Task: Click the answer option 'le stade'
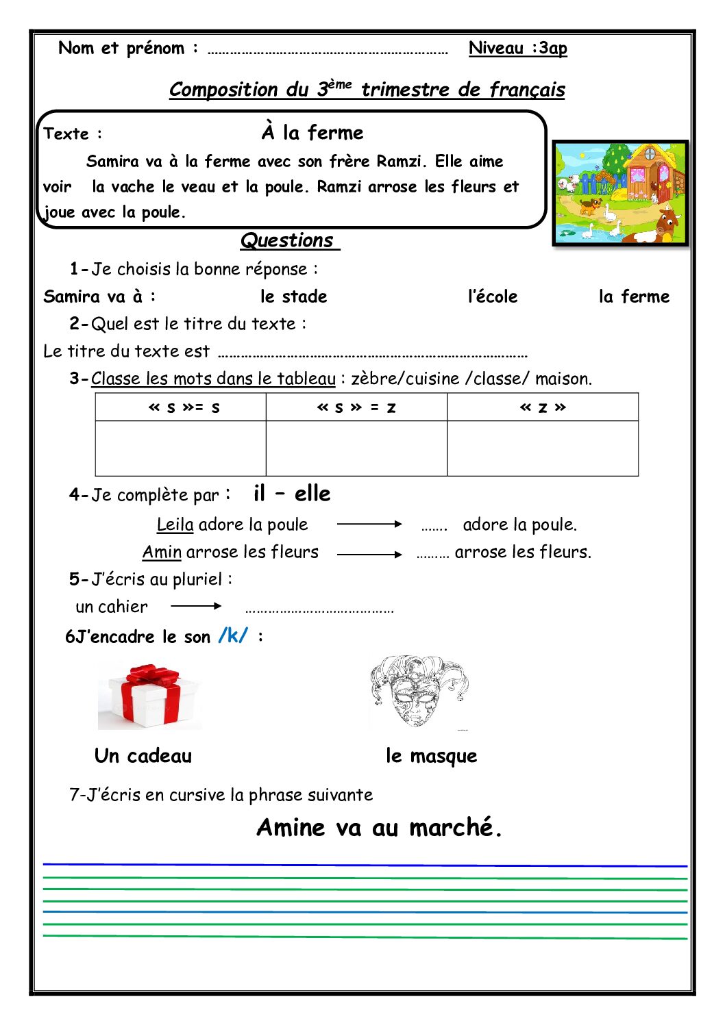click(293, 296)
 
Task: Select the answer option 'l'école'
click(492, 296)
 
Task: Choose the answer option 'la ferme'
click(634, 296)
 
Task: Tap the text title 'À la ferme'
click(312, 132)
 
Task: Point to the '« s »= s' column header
click(184, 407)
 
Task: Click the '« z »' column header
click(543, 407)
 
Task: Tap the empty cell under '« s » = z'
click(356, 448)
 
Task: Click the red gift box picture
click(149, 696)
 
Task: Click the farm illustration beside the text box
click(620, 193)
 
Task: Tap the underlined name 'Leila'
click(175, 524)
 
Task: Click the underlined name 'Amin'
click(162, 552)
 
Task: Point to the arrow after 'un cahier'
click(196, 606)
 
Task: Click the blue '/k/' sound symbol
click(233, 636)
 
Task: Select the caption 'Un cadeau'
click(143, 756)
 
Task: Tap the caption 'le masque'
click(431, 756)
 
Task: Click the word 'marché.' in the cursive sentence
click(456, 828)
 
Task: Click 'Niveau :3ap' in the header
click(517, 48)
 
